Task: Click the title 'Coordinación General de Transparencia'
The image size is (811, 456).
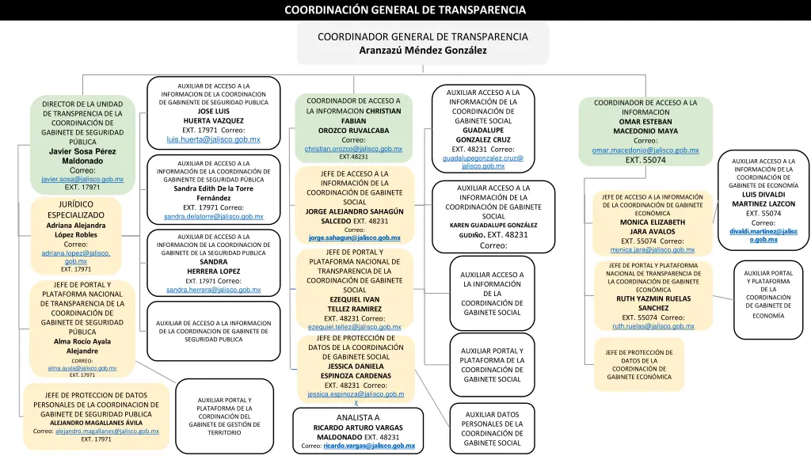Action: [405, 10]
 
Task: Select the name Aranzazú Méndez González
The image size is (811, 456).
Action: [423, 50]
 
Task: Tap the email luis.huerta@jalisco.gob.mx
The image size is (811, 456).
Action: [213, 140]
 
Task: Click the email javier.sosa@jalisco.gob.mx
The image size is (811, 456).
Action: [82, 179]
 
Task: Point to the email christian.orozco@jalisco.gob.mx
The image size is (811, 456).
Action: [353, 149]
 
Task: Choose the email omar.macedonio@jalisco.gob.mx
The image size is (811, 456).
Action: [645, 150]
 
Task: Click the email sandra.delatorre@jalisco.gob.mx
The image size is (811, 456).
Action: [213, 216]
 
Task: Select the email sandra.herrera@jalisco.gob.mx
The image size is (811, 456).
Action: [213, 290]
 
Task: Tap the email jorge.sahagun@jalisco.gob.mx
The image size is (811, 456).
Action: [354, 237]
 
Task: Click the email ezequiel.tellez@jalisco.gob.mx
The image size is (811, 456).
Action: [354, 327]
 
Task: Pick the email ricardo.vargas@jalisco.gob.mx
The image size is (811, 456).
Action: [369, 446]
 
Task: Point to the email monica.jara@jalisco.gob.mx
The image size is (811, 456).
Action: [653, 250]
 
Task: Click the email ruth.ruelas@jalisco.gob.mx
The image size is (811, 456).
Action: [653, 326]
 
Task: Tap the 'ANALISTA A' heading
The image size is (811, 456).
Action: [358, 417]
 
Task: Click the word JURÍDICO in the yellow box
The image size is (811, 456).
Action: [76, 204]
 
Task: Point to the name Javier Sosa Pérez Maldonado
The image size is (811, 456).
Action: [82, 156]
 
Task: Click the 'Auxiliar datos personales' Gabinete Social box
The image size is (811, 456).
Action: [491, 428]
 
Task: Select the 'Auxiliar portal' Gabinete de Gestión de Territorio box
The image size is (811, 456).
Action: [224, 416]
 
